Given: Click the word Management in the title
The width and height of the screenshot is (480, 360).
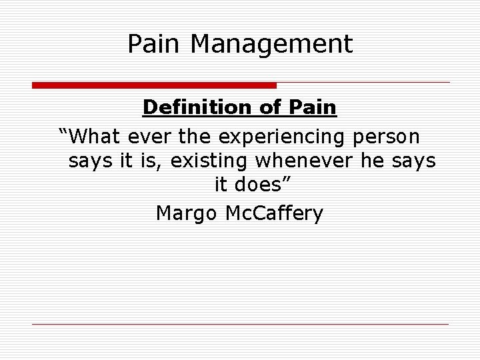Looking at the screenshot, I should point(271,45).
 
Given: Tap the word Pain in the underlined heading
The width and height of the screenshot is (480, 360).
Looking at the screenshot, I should point(313,107).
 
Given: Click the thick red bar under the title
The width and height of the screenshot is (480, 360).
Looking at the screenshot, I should point(154,85).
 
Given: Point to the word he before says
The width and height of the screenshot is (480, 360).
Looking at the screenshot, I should point(373,161).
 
